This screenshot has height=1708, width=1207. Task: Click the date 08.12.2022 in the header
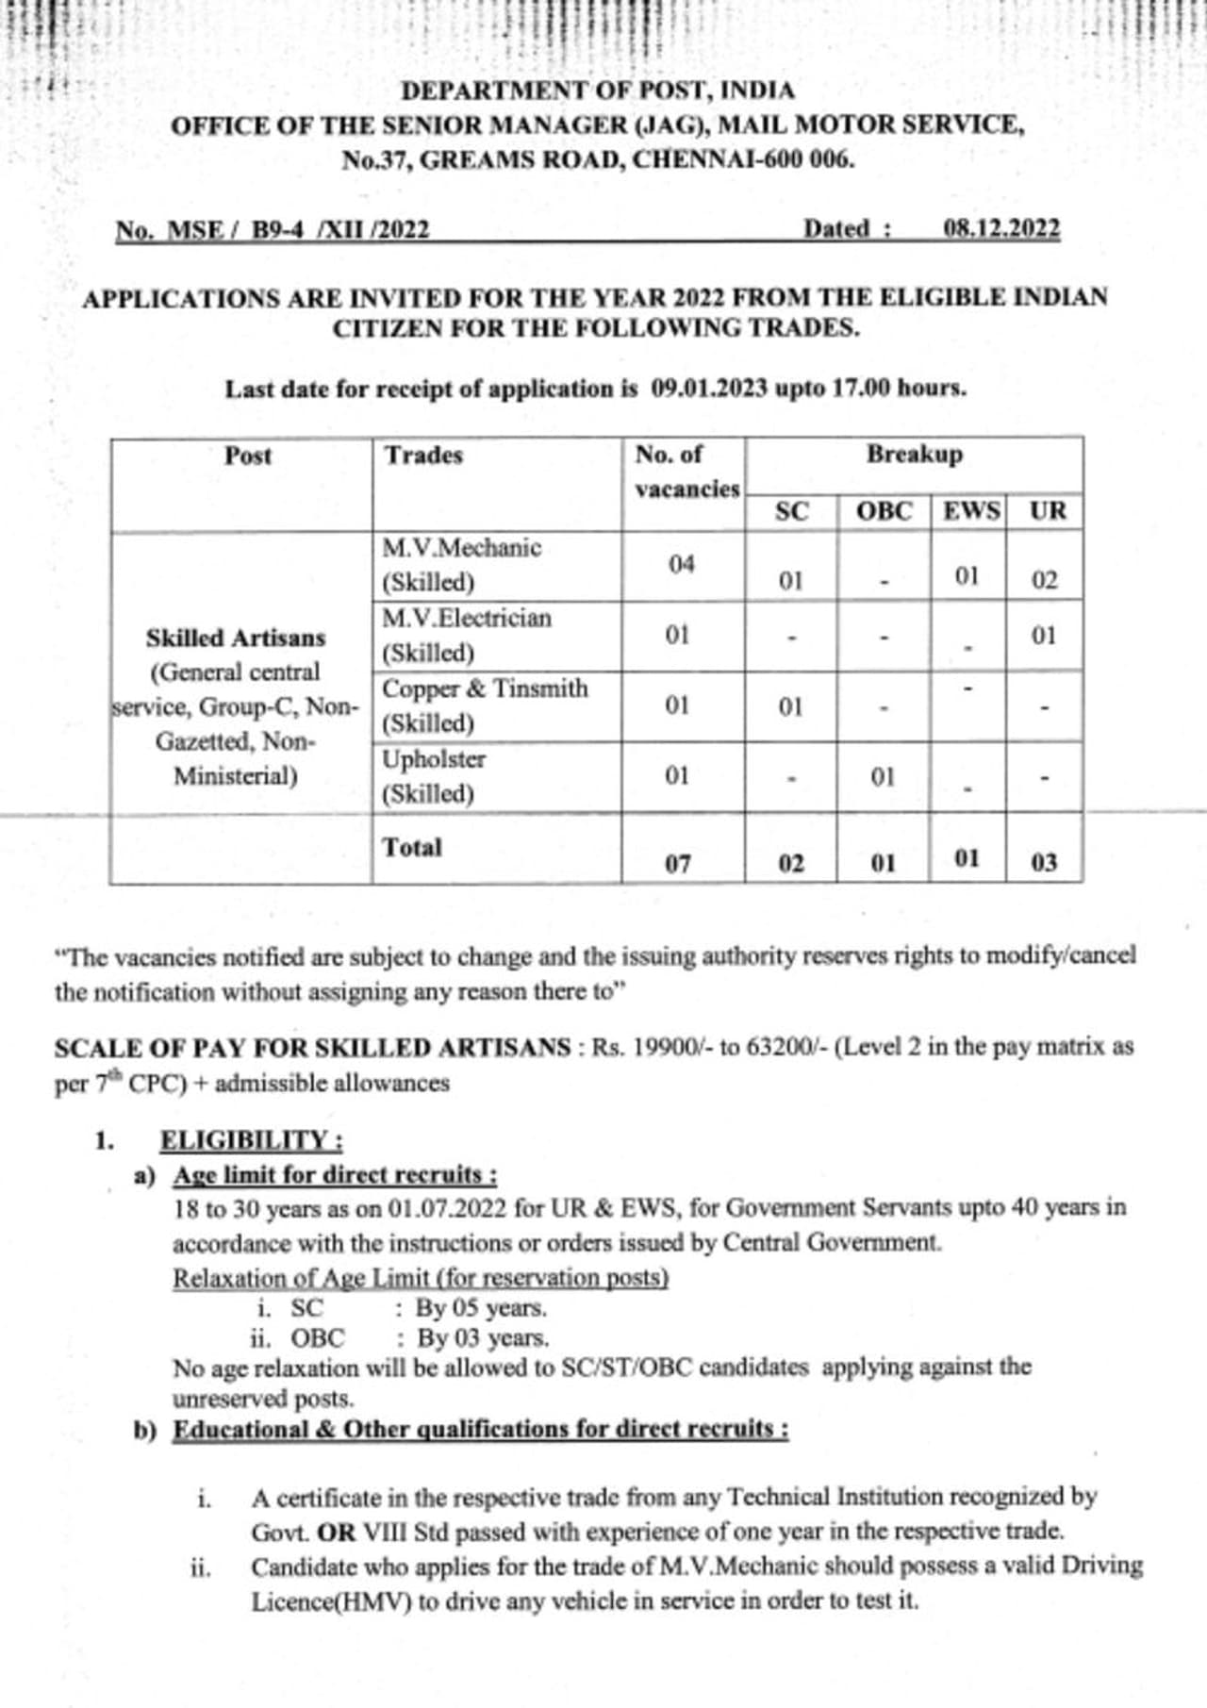point(1001,229)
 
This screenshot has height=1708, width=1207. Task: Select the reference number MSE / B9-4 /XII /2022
point(272,231)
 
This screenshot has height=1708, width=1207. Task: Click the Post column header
point(247,456)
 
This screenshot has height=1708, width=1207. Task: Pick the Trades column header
point(423,456)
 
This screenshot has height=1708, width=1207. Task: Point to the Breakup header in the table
point(914,455)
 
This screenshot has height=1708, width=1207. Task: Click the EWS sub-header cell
point(970,511)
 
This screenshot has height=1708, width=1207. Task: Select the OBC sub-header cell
point(884,511)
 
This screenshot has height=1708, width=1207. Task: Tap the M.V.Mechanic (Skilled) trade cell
point(461,565)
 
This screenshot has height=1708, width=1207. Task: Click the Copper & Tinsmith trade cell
point(484,705)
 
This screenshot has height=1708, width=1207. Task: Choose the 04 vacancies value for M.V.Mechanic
point(681,565)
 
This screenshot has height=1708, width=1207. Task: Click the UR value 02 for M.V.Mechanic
point(1044,580)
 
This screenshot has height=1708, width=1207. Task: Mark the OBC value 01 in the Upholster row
point(882,777)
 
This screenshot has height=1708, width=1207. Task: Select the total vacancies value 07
point(677,863)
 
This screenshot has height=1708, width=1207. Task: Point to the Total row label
point(412,847)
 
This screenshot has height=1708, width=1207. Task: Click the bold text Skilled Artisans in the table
point(235,638)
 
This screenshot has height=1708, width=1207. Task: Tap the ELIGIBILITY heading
point(251,1140)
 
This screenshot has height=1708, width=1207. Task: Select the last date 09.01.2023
point(709,389)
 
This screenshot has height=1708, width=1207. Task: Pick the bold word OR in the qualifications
point(337,1532)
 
